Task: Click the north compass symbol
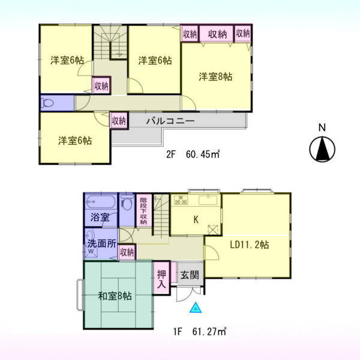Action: [322, 149]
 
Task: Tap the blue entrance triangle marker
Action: [196, 308]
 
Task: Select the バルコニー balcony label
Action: [170, 121]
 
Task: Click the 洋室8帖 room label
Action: [215, 77]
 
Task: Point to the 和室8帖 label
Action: [115, 296]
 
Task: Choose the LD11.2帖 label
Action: [250, 245]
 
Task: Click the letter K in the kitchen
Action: [196, 220]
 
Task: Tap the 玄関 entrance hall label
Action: [190, 275]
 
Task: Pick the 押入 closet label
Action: [161, 279]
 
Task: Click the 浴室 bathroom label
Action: [100, 217]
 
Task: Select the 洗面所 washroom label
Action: [102, 244]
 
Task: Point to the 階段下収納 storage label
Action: [143, 211]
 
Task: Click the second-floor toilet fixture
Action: [47, 103]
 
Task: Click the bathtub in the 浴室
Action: [101, 202]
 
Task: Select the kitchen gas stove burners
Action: [181, 200]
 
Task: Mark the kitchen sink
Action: [208, 200]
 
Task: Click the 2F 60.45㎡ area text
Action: [193, 154]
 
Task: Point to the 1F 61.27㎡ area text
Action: [200, 332]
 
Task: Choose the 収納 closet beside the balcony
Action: [119, 121]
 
